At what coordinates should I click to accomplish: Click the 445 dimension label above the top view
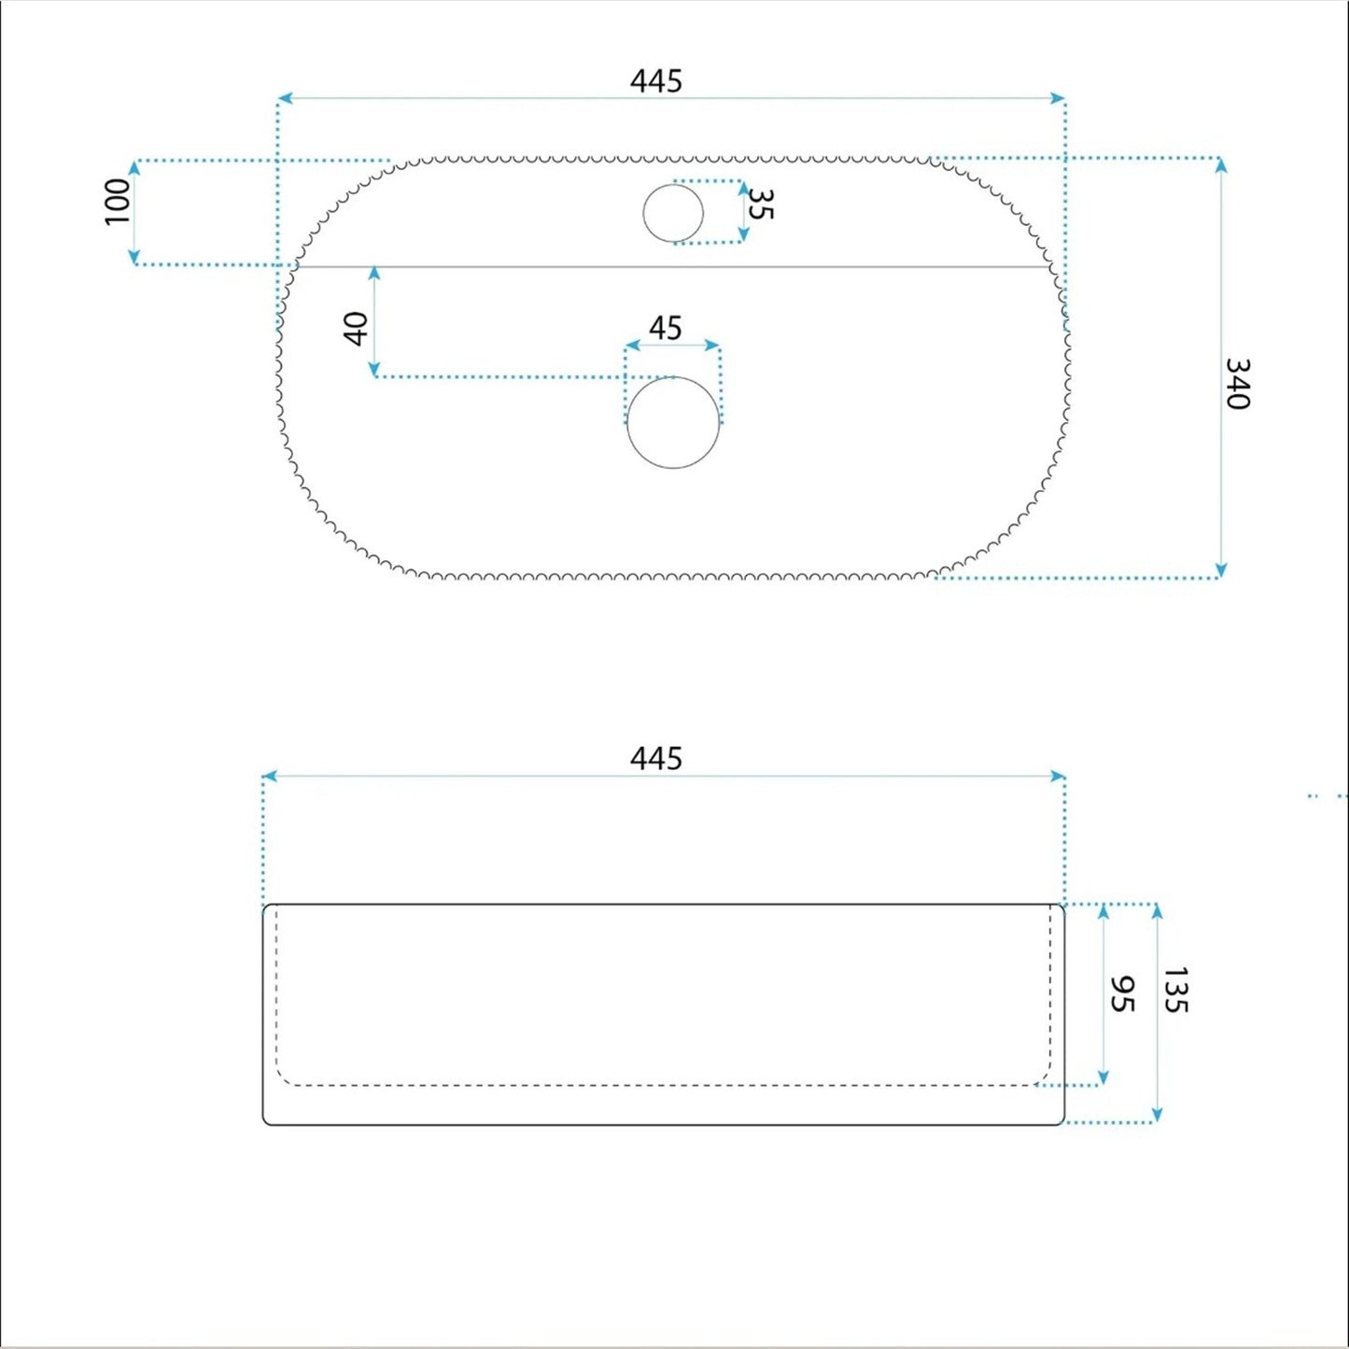point(655,81)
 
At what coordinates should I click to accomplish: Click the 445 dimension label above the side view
point(655,758)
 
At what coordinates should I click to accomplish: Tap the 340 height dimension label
point(1238,384)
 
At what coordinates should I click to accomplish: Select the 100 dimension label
point(118,203)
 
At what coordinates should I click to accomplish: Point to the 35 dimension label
point(761,204)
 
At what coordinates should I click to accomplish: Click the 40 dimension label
point(357,329)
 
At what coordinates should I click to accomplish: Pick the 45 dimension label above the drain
point(665,328)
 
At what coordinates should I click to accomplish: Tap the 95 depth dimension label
point(1122,994)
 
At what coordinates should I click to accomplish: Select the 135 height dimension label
point(1176,990)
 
